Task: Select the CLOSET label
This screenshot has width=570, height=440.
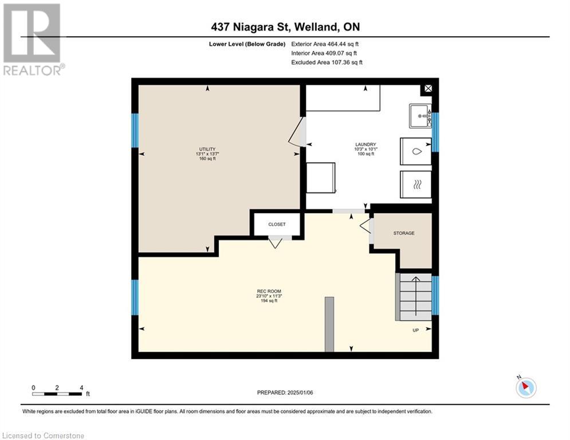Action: pyautogui.click(x=277, y=224)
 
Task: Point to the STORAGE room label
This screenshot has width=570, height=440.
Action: pyautogui.click(x=403, y=233)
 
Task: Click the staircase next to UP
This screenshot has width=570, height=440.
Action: pyautogui.click(x=415, y=297)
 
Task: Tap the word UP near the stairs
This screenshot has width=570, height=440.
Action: pyautogui.click(x=415, y=330)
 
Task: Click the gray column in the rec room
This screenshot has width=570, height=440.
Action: pyautogui.click(x=329, y=324)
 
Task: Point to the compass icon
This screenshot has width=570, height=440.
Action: pyautogui.click(x=525, y=387)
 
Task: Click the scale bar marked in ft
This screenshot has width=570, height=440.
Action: pyautogui.click(x=57, y=393)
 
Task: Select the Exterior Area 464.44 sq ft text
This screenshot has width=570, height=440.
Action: pyautogui.click(x=325, y=44)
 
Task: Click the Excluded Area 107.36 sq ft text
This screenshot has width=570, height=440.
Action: pyautogui.click(x=327, y=62)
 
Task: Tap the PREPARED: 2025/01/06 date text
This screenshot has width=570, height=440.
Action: pyautogui.click(x=285, y=392)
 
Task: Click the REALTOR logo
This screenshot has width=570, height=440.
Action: pyautogui.click(x=32, y=39)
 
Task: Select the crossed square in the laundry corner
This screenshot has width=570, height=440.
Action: pyautogui.click(x=427, y=89)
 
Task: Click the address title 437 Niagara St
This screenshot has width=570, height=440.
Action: pyautogui.click(x=285, y=26)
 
